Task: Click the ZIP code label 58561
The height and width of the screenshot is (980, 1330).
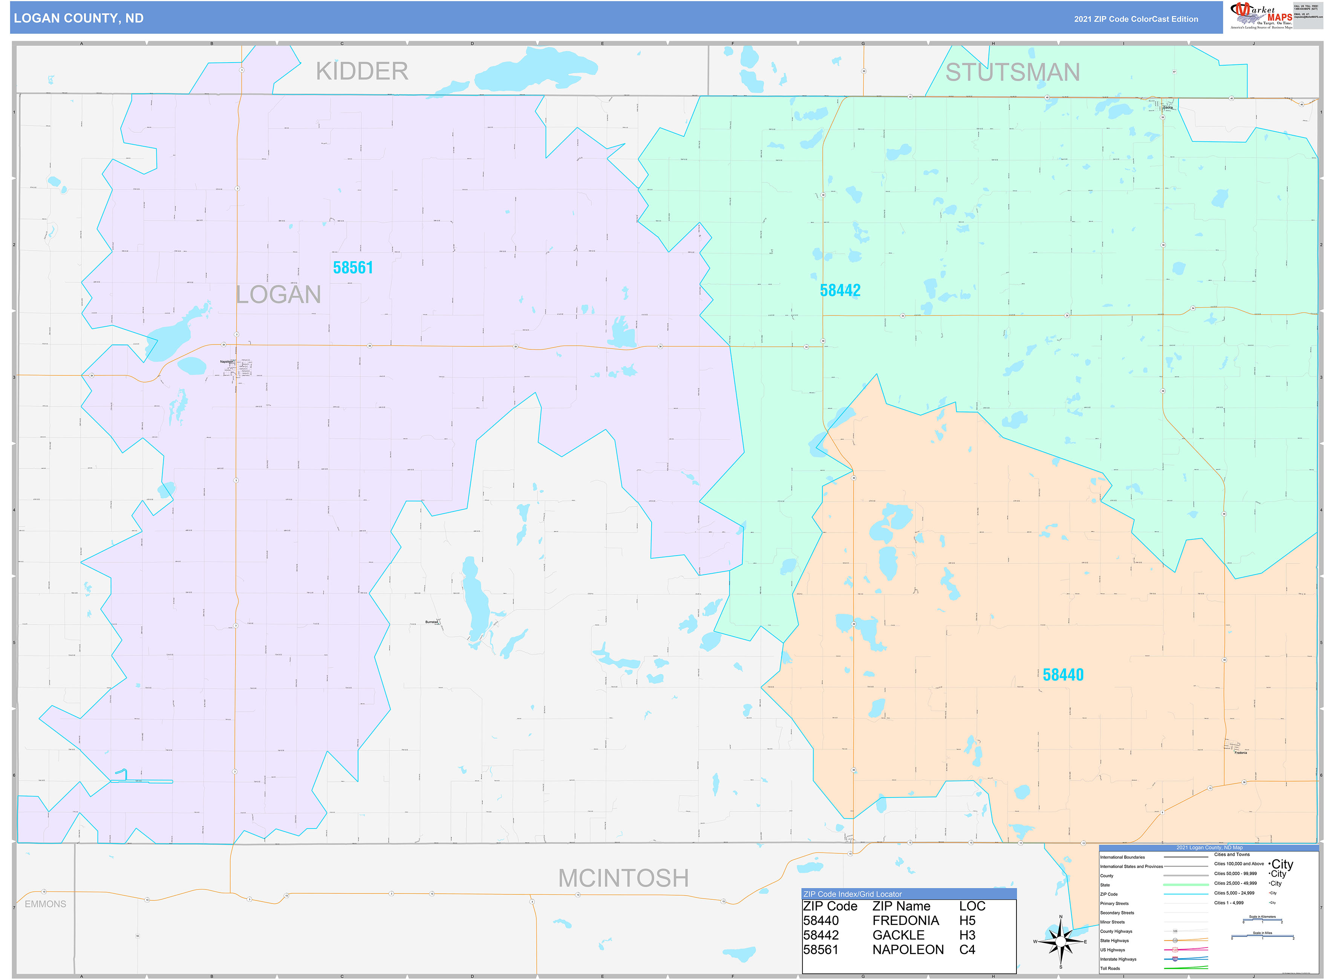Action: point(353,268)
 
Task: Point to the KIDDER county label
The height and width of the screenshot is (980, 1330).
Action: point(362,72)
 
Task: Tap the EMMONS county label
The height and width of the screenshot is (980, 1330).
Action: point(46,904)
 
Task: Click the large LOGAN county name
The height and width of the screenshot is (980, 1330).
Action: point(278,295)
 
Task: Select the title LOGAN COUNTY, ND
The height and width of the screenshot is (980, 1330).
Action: point(79,18)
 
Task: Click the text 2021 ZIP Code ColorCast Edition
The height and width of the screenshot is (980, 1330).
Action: point(1136,19)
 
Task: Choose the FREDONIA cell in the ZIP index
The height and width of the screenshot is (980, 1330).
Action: point(905,921)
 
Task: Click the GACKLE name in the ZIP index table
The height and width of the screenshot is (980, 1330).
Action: point(898,935)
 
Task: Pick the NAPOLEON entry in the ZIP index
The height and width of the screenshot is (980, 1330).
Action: point(908,950)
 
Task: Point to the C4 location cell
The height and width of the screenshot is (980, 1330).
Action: point(967,950)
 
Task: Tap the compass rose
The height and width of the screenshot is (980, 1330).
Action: point(1061,942)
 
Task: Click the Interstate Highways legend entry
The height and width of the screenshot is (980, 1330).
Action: point(1117,959)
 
